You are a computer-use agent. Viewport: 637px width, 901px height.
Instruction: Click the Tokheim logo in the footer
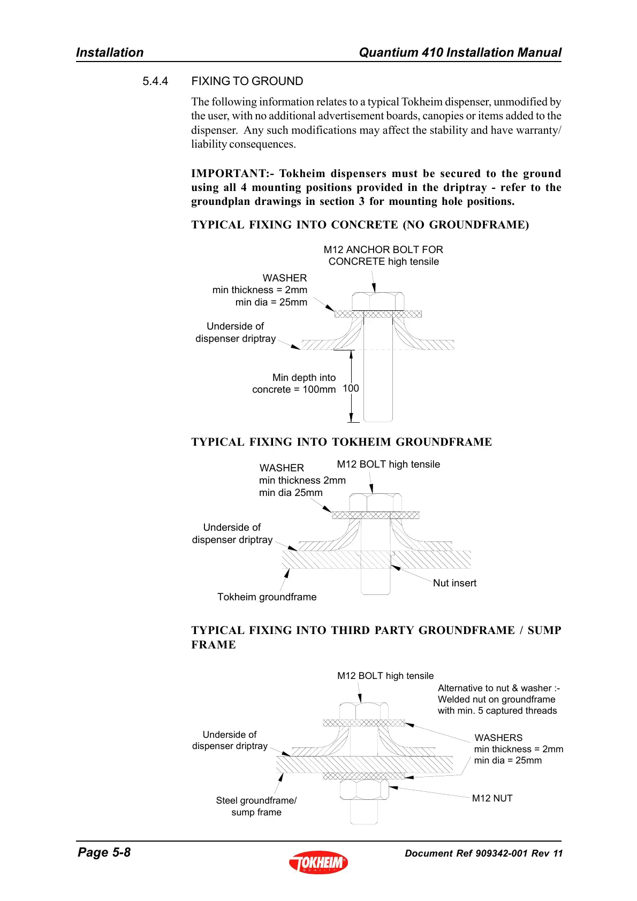coord(318,862)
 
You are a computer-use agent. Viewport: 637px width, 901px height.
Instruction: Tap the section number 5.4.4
coord(155,81)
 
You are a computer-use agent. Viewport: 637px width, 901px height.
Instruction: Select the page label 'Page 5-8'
coord(104,852)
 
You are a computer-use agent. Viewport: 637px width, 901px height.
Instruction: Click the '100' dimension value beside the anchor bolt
coord(351,388)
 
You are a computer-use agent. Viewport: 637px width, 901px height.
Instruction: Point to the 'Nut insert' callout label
coord(454,583)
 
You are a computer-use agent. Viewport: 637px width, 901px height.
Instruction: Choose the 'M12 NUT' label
coord(492,798)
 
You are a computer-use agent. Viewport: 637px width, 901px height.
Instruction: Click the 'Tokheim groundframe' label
coord(267,597)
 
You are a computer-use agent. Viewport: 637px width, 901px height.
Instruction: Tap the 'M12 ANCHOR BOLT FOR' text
coord(383,250)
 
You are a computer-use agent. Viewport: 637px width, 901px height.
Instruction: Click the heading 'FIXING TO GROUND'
coord(247,81)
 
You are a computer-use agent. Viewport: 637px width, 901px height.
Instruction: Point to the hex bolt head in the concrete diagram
coord(377,301)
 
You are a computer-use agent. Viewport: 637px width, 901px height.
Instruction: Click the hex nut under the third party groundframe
coord(364,790)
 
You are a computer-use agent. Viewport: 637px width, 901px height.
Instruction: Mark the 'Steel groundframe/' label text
coord(256,800)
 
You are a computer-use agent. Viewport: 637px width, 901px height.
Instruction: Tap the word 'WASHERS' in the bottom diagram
coord(498,738)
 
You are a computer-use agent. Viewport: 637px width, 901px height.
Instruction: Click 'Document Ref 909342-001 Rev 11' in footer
coord(483,853)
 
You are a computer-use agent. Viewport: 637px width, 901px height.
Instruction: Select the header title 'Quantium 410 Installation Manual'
coord(460,52)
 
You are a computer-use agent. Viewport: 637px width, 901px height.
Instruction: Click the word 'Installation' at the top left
coord(110,52)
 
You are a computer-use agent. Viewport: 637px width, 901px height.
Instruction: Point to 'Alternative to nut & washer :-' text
coord(498,688)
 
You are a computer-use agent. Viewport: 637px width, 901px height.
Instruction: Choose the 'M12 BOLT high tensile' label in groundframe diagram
coord(388,464)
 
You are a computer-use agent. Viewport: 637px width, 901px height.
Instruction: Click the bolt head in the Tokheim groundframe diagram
coord(375,503)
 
